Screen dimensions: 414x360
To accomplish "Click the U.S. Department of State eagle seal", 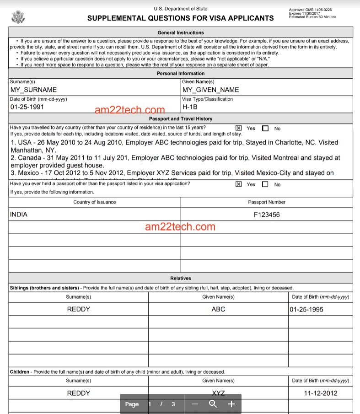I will pos(18,17).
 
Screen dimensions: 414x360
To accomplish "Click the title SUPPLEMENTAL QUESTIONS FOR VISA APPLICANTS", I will pos(180,18).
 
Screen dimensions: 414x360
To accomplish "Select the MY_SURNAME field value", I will pos(33,90).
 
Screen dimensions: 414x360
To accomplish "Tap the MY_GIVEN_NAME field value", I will pos(210,90).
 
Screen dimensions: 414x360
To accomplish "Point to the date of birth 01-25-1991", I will pos(27,107).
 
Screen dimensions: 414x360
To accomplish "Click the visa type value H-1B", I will pos(190,107).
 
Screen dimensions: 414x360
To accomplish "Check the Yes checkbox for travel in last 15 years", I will pos(238,129).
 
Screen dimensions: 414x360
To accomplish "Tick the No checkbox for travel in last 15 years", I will pos(265,129).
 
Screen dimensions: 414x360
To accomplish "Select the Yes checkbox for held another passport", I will pos(238,184).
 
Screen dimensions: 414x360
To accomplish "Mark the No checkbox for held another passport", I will pos(265,184).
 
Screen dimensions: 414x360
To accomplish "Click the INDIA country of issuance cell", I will pos(19,214).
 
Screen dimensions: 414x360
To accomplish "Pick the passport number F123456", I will pos(267,215).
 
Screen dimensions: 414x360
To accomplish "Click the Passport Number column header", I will pos(267,202).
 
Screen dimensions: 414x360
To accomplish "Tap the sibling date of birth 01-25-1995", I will pos(306,310).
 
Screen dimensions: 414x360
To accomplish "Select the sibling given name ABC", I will pos(218,309).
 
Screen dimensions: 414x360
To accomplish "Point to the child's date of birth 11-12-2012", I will pos(321,393).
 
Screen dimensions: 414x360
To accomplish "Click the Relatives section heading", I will pos(180,278).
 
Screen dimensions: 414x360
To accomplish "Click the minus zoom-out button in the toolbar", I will pos(195,404).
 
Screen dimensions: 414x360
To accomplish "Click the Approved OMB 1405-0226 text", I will pos(310,10).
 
